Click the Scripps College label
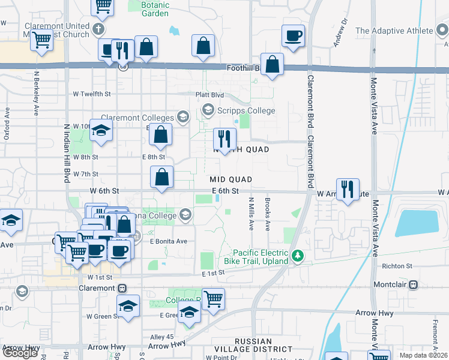pyautogui.click(x=246, y=110)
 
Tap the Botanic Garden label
pyautogui.click(x=155, y=8)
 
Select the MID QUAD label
pyautogui.click(x=231, y=179)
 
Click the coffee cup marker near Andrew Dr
pyautogui.click(x=293, y=35)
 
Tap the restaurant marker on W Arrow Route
pyautogui.click(x=348, y=189)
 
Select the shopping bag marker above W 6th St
pyautogui.click(x=161, y=176)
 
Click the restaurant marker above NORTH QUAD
pyautogui.click(x=225, y=139)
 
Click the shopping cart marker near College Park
pyautogui.click(x=214, y=299)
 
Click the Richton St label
pyautogui.click(x=397, y=265)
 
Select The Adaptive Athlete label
pyautogui.click(x=394, y=31)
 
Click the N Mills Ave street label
pyautogui.click(x=251, y=214)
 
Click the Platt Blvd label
pyautogui.click(x=209, y=95)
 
